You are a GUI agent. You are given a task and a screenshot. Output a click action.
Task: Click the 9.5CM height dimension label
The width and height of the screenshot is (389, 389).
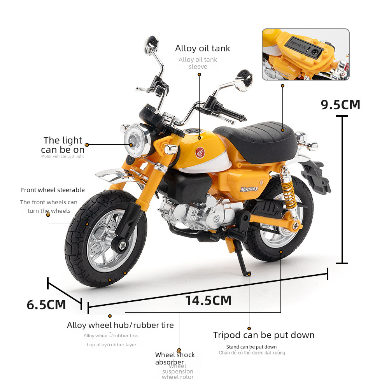(x=340, y=105)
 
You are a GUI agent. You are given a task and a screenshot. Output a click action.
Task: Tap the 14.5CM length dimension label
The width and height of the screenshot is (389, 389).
(x=208, y=300)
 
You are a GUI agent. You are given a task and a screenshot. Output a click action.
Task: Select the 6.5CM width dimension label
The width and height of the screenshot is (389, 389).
(x=46, y=305)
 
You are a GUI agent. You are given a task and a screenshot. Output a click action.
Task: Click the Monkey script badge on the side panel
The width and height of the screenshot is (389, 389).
(x=249, y=189)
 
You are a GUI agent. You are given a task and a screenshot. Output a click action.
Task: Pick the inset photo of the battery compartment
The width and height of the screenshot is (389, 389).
(x=305, y=54)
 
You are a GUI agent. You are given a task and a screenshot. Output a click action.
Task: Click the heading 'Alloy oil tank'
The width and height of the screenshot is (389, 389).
(x=202, y=48)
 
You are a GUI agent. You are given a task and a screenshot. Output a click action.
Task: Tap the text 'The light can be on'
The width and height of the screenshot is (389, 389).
(x=63, y=145)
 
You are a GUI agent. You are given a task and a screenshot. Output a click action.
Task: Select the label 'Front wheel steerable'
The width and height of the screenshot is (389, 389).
(x=53, y=190)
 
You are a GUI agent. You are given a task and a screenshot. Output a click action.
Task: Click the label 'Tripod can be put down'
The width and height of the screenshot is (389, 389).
(x=264, y=335)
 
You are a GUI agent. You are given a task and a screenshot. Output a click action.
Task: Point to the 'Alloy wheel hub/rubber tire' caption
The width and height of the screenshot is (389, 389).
(x=120, y=325)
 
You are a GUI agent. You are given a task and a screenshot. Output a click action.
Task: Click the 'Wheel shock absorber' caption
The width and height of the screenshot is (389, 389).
(x=175, y=358)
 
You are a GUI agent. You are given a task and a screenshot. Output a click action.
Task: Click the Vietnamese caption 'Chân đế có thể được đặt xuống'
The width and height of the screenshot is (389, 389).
(x=252, y=353)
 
